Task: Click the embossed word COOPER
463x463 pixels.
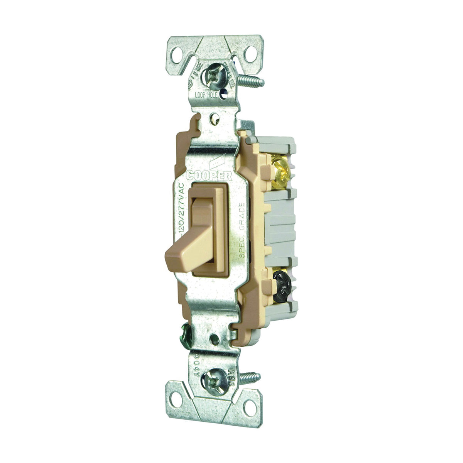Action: (209, 176)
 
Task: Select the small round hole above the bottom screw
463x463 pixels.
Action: (213, 340)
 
